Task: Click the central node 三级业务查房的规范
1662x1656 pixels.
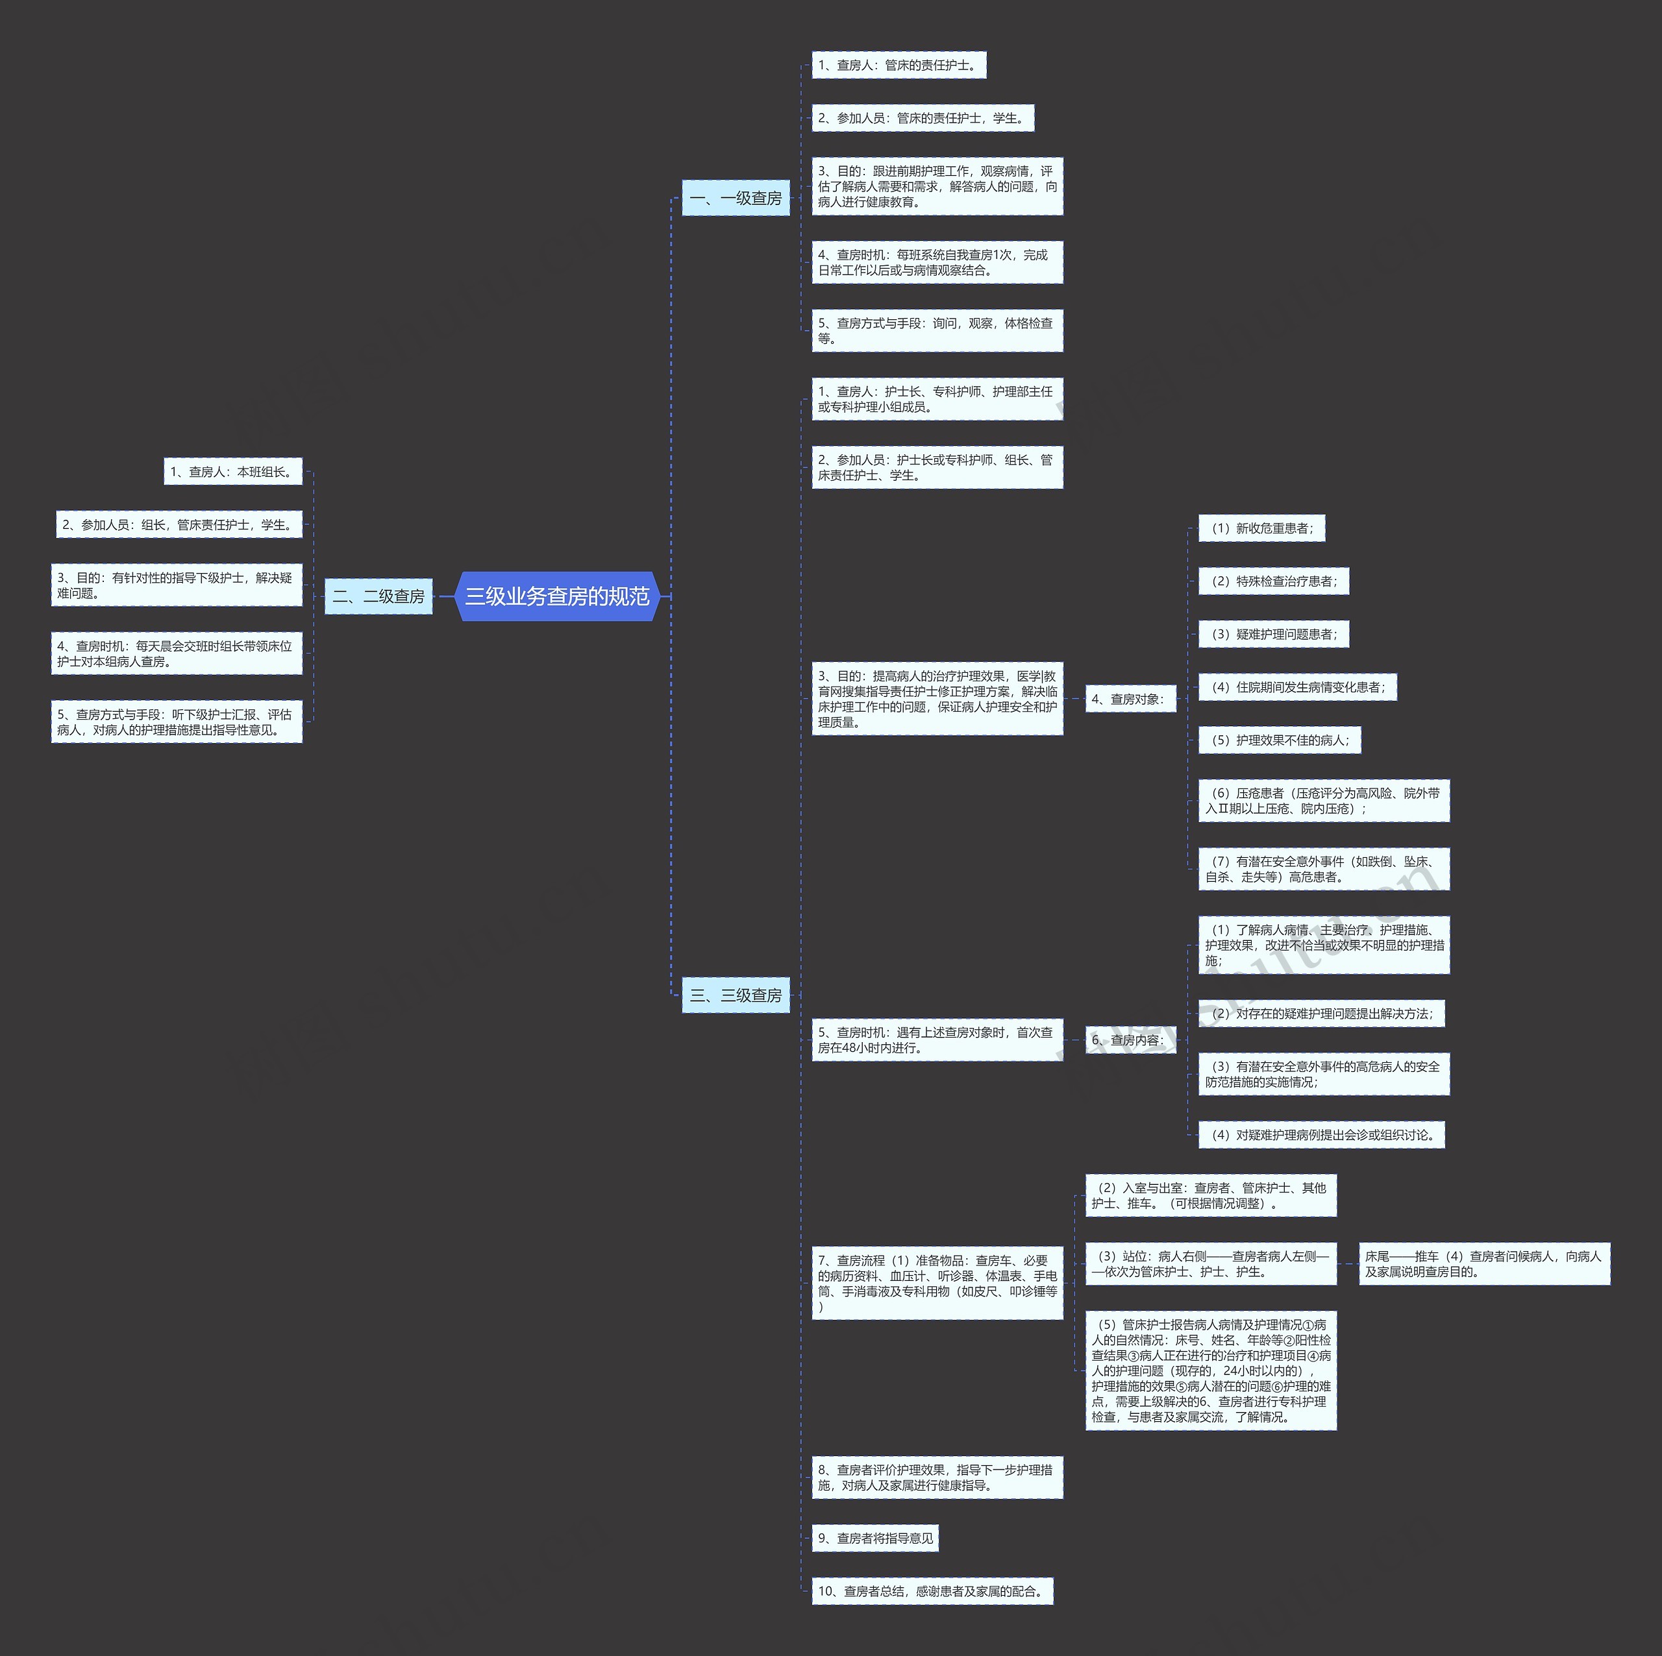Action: tap(556, 596)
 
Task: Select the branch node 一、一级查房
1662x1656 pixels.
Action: tap(736, 199)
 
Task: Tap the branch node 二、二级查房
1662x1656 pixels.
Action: tap(378, 596)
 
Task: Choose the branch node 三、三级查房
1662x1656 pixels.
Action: tap(736, 995)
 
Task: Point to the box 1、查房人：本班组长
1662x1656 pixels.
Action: tap(233, 471)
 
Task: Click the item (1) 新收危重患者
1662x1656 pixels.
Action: tap(1261, 528)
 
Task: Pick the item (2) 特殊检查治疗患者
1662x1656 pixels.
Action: tap(1273, 581)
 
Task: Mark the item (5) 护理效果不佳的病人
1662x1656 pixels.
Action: tap(1279, 740)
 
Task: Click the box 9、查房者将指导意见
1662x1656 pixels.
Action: tap(875, 1538)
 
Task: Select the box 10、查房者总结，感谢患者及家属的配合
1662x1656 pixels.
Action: tap(932, 1590)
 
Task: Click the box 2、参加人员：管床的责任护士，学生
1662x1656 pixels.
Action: tap(922, 118)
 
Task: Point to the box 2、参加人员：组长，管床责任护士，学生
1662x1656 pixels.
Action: tap(179, 524)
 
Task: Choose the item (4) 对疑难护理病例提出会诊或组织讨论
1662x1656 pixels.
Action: tap(1321, 1134)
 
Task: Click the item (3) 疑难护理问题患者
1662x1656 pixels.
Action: tap(1273, 634)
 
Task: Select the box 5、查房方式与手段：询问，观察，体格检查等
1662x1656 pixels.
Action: tap(937, 330)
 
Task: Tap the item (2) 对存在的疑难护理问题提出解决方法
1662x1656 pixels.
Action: tap(1321, 1013)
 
